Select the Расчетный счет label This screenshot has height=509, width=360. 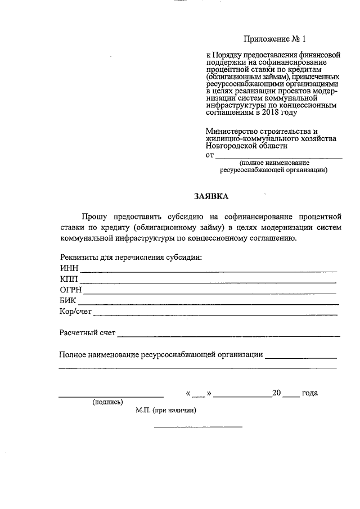(87, 332)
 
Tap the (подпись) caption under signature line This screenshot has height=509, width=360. (107, 402)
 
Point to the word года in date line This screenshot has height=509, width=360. (310, 393)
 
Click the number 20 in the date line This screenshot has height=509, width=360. (276, 393)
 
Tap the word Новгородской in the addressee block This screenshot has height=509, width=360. (232, 145)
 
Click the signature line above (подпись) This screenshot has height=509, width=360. (111, 397)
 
